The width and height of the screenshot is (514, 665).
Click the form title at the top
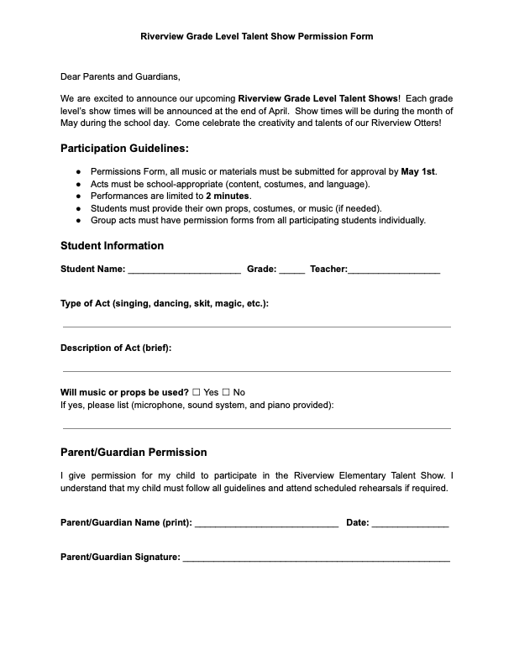point(256,37)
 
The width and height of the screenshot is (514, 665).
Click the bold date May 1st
point(418,171)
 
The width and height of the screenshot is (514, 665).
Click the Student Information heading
point(112,246)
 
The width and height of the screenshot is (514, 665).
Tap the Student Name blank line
point(184,271)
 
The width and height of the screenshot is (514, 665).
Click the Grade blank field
point(291,271)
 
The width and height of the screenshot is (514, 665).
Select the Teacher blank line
point(393,271)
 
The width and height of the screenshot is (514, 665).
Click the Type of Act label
point(165,303)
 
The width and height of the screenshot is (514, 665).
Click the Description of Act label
point(116,348)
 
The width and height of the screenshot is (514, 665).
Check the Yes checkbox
point(197,392)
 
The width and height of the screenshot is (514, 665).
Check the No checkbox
point(225,392)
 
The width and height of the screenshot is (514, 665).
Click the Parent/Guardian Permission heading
point(134,452)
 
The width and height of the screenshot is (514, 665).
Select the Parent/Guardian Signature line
point(316,558)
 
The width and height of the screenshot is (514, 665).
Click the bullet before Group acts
point(78,220)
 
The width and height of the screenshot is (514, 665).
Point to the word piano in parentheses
point(276,405)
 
